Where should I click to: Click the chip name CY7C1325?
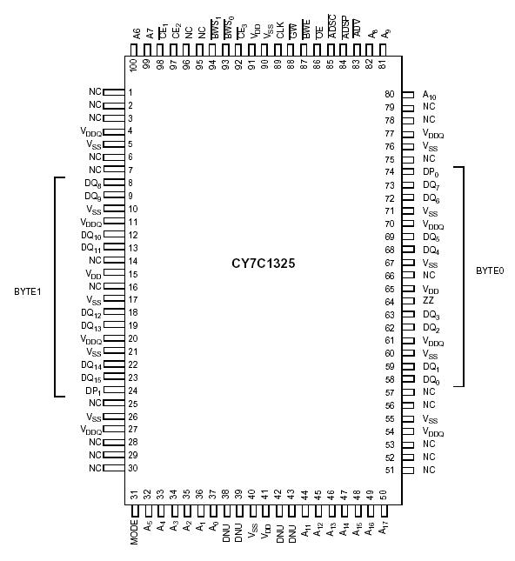[263, 262]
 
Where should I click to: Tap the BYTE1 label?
[28, 291]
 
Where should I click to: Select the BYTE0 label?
[490, 270]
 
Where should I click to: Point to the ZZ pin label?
[428, 301]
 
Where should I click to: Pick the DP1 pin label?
[94, 391]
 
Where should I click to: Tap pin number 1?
[130, 92]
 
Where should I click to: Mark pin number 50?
[383, 495]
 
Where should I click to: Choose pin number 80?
[390, 94]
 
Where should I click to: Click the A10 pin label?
[430, 95]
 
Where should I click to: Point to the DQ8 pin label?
[93, 184]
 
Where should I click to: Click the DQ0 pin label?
[431, 380]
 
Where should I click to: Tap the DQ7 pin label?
[431, 185]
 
